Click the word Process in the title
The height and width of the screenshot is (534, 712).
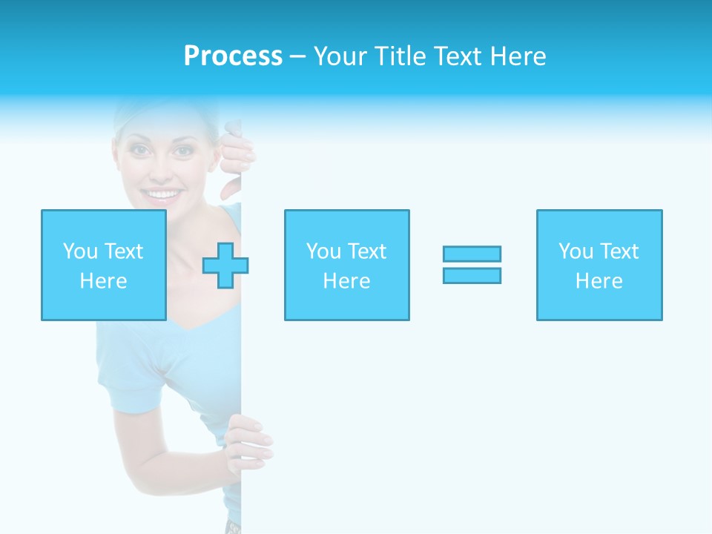pos(233,56)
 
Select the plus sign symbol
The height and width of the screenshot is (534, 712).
pos(225,265)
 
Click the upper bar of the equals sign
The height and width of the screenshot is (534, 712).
pos(472,254)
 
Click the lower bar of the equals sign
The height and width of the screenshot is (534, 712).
pos(472,275)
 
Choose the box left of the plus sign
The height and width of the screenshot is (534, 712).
pos(103,265)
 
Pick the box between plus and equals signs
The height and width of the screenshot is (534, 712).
pos(346,265)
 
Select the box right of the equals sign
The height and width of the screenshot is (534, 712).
pos(599,265)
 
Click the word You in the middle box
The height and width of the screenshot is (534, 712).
pos(323,251)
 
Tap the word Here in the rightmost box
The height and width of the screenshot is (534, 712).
pos(599,281)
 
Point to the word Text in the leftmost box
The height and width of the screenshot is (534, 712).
pos(125,251)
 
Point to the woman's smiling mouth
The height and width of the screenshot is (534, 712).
pos(163,197)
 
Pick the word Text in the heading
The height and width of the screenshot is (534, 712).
pos(455,56)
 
